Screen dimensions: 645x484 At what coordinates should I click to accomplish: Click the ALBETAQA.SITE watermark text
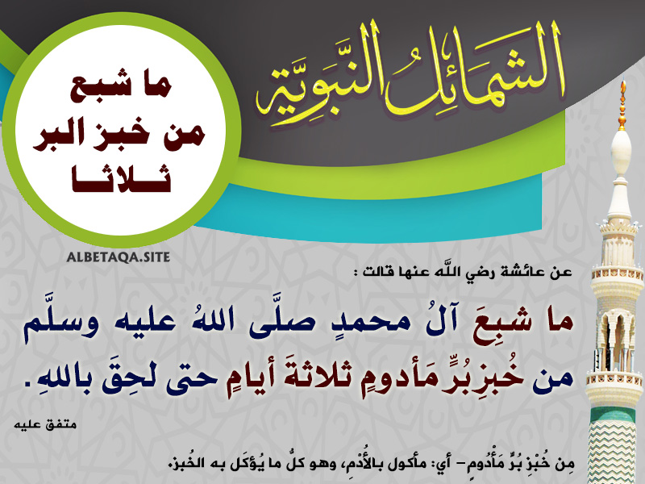(119, 257)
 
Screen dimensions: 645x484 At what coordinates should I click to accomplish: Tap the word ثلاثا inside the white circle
(122, 179)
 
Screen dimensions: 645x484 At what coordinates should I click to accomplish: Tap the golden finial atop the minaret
(622, 105)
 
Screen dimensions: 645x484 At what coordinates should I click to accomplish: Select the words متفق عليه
(45, 424)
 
